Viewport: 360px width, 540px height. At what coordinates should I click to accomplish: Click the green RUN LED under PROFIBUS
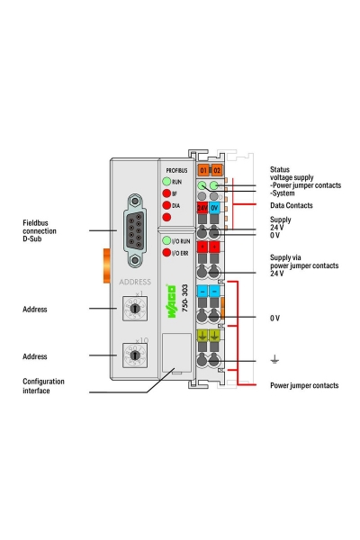pyautogui.click(x=166, y=181)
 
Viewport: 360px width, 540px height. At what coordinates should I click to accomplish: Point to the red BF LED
pyautogui.click(x=166, y=193)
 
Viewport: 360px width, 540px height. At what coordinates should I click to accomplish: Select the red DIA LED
pyautogui.click(x=166, y=206)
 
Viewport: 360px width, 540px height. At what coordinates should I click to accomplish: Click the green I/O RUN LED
pyautogui.click(x=166, y=241)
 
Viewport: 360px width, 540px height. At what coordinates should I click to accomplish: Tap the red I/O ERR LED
pyautogui.click(x=166, y=253)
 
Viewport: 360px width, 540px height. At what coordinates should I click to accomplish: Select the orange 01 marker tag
pyautogui.click(x=203, y=169)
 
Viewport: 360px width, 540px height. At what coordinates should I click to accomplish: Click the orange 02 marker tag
pyautogui.click(x=217, y=169)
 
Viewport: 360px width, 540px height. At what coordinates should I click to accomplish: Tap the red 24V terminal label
pyautogui.click(x=203, y=207)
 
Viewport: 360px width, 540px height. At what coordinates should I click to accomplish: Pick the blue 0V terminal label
pyautogui.click(x=216, y=207)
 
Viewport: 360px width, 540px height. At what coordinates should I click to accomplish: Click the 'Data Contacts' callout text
pyautogui.click(x=293, y=205)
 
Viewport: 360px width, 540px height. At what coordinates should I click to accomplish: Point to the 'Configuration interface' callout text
pyautogui.click(x=43, y=387)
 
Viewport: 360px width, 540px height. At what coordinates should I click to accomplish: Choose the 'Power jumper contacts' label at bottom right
pyautogui.click(x=304, y=385)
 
